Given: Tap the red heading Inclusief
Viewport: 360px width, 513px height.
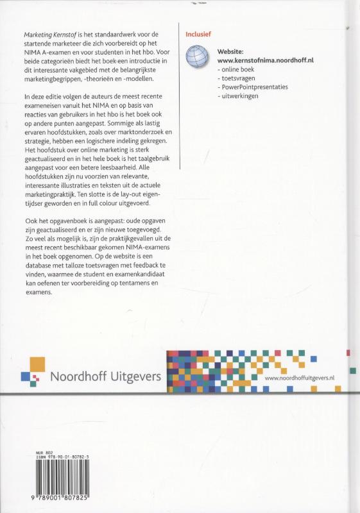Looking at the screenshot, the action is pyautogui.click(x=198, y=33).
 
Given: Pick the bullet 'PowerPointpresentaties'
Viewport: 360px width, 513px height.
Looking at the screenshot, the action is pyautogui.click(x=254, y=86).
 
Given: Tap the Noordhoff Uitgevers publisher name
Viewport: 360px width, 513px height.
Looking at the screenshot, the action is pyautogui.click(x=105, y=376).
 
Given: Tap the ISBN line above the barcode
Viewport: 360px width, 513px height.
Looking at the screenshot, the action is pyautogui.click(x=71, y=457).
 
